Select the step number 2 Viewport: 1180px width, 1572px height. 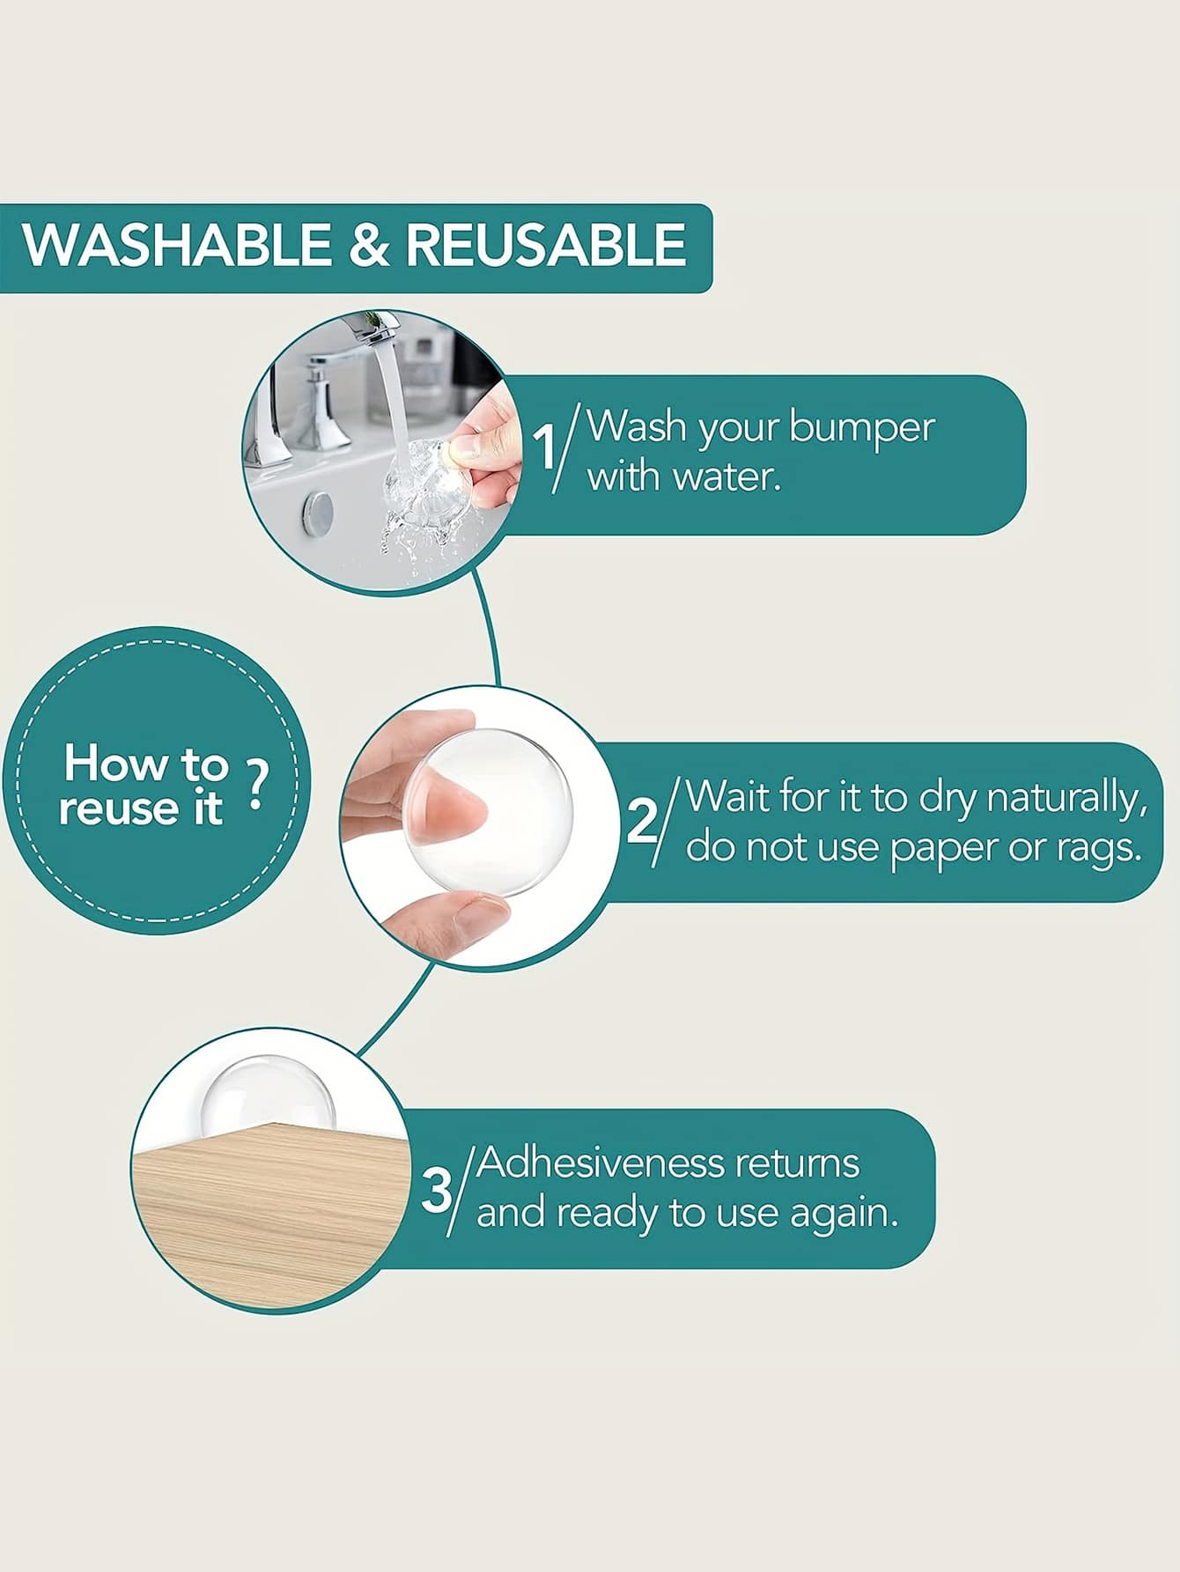click(642, 820)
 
